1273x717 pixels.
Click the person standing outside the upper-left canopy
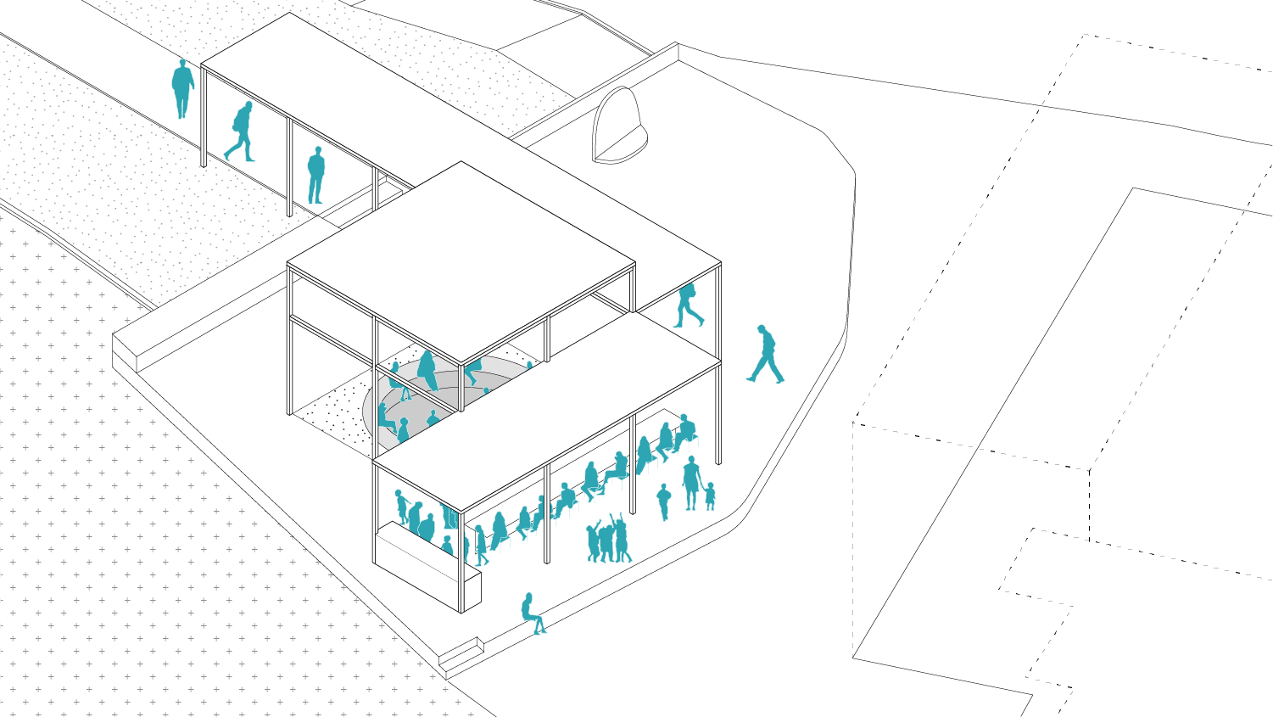182,87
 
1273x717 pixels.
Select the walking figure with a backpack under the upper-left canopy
241,132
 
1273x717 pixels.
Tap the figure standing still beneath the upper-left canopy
315,175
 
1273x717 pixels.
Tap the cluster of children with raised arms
608,541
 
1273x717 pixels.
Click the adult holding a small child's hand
691,483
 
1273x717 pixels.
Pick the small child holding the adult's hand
710,496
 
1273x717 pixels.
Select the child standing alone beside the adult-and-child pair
663,501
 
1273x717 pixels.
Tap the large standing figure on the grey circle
427,371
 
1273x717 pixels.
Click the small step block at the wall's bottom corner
461,652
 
